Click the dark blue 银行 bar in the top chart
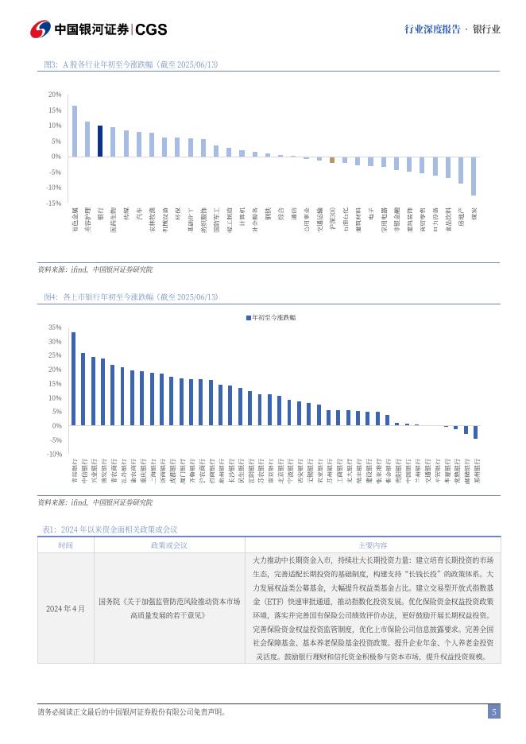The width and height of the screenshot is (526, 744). pyautogui.click(x=100, y=141)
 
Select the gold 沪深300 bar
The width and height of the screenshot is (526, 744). pyautogui.click(x=332, y=159)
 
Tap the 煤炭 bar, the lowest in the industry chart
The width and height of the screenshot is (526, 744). pyautogui.click(x=474, y=176)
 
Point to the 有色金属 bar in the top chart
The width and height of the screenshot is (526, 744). pyautogui.click(x=75, y=131)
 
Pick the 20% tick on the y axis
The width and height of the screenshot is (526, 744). pyautogui.click(x=54, y=95)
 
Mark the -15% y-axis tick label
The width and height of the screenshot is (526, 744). pyautogui.click(x=53, y=203)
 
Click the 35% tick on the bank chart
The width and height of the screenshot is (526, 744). pyautogui.click(x=54, y=327)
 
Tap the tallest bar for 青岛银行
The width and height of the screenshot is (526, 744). pyautogui.click(x=73, y=378)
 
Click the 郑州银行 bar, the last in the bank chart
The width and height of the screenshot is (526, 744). pyautogui.click(x=475, y=432)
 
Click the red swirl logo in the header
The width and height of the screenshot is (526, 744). pyautogui.click(x=41, y=29)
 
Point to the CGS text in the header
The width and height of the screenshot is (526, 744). pyautogui.click(x=151, y=29)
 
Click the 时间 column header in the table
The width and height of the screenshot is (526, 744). pyautogui.click(x=65, y=545)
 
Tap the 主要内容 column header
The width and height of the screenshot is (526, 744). pyautogui.click(x=372, y=545)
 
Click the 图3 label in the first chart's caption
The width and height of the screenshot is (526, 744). pyautogui.click(x=51, y=64)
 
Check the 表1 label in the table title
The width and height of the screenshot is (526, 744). pyautogui.click(x=48, y=529)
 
